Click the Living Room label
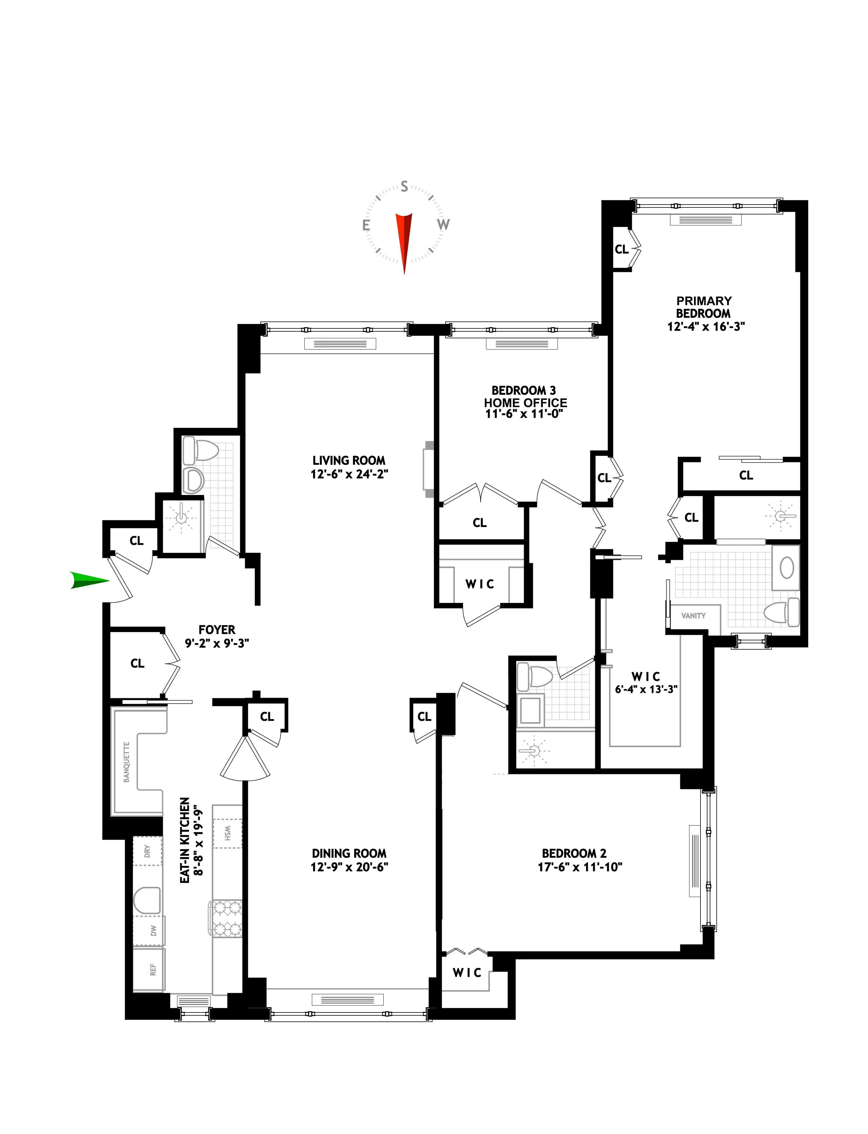349,460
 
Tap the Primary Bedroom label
704,307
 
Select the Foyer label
217,629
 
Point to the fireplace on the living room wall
428,469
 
